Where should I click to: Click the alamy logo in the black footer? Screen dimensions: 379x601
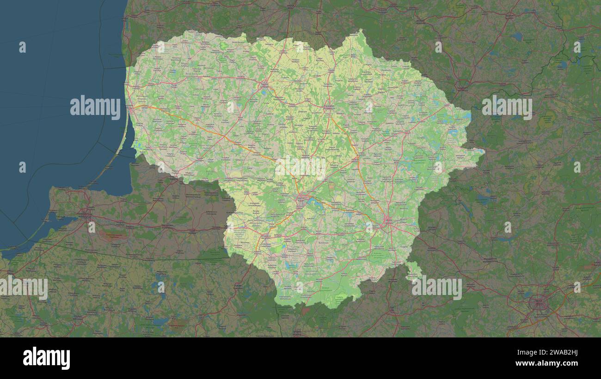(x=46, y=358)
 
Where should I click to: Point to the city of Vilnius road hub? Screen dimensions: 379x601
(x=387, y=221)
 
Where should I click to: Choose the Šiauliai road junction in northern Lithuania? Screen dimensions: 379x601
(x=264, y=85)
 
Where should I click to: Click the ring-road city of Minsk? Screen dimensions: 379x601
(x=538, y=303)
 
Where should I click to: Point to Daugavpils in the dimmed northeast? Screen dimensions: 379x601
(x=461, y=85)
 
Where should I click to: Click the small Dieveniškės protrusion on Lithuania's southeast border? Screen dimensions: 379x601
(x=413, y=270)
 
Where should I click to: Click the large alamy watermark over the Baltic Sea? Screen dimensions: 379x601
(x=95, y=107)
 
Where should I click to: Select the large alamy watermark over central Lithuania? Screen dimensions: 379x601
(x=300, y=167)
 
